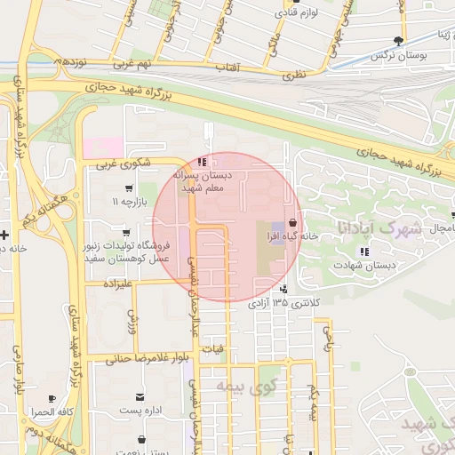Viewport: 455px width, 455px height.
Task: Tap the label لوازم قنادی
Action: tap(297, 12)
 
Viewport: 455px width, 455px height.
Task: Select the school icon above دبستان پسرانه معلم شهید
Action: tap(203, 162)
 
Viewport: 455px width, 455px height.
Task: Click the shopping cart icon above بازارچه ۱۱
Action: tap(130, 188)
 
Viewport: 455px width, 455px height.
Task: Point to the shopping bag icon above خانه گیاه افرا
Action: tap(293, 223)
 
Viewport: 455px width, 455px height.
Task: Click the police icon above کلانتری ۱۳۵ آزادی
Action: tap(283, 289)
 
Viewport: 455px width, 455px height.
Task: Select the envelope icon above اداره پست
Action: tap(140, 396)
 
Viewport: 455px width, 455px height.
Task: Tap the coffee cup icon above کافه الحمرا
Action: tap(52, 398)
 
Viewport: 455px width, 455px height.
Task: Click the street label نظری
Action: tap(294, 76)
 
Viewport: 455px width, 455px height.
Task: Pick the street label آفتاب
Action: tap(227, 68)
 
